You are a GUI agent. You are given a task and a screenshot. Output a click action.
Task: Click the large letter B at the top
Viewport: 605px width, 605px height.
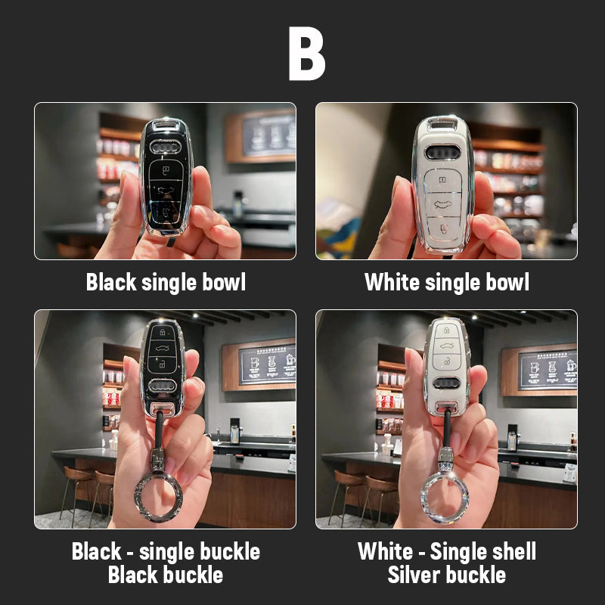(307, 54)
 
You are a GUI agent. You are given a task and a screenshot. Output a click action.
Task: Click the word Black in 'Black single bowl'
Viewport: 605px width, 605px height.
(111, 282)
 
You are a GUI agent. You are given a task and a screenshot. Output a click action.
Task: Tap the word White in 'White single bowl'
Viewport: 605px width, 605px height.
(392, 282)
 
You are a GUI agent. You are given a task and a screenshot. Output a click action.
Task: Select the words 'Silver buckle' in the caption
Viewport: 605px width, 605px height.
(446, 575)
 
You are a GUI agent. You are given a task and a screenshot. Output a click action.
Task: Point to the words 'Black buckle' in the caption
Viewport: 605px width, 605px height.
(166, 575)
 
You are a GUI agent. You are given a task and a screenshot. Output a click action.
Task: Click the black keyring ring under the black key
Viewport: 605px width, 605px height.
(159, 498)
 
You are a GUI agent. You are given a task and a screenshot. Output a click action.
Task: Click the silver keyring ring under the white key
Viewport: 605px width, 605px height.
(445, 498)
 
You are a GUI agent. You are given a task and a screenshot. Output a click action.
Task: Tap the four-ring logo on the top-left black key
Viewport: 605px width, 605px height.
(165, 147)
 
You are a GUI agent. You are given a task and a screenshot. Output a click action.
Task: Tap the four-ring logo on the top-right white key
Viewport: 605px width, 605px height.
(442, 153)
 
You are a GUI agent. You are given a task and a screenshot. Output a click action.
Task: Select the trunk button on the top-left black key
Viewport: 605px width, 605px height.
(166, 190)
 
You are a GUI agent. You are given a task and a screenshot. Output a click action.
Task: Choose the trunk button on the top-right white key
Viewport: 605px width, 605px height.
(443, 203)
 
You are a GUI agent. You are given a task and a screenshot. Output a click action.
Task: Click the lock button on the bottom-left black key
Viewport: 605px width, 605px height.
(163, 332)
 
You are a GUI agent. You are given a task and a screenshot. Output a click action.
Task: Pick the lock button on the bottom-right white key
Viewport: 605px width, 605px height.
(446, 330)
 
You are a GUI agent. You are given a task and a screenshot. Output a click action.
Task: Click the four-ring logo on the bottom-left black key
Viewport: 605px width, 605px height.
(163, 386)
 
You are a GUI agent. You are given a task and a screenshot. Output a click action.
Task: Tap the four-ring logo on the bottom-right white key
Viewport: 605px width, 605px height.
(446, 383)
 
